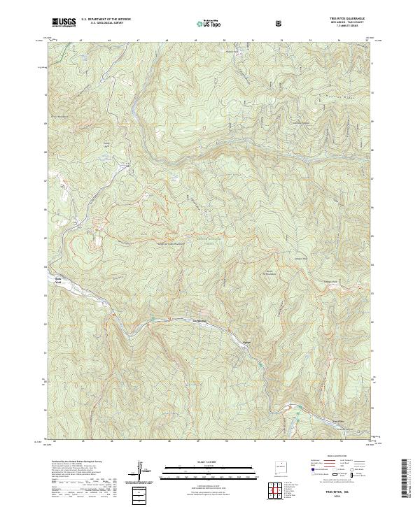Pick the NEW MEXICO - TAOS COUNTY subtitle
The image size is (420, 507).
(351, 22)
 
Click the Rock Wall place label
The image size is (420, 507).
(59, 279)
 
